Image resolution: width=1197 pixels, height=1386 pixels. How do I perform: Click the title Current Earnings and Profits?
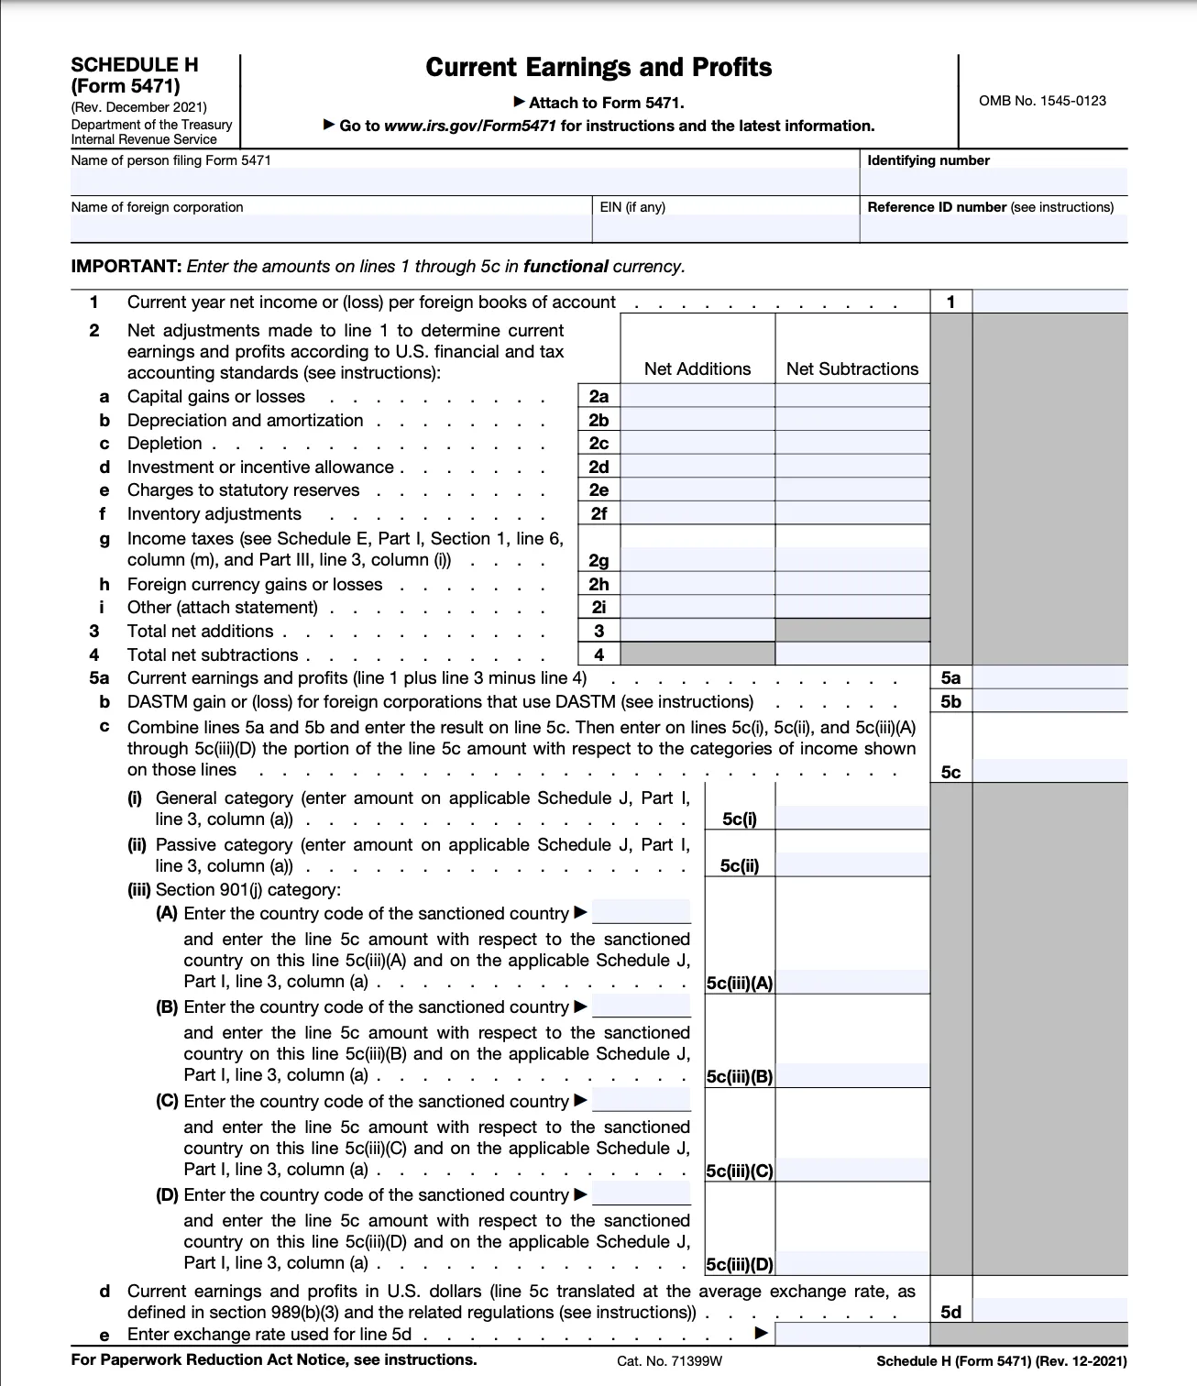click(598, 68)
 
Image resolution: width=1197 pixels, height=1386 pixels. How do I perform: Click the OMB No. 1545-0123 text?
click(1042, 101)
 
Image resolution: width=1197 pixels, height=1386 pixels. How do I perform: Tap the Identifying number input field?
click(994, 181)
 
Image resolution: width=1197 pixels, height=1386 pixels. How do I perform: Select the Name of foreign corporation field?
click(331, 227)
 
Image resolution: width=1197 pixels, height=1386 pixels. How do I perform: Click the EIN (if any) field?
click(725, 227)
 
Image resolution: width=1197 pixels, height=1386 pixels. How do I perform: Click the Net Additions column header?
click(697, 368)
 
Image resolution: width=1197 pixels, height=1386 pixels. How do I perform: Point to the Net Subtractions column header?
click(852, 368)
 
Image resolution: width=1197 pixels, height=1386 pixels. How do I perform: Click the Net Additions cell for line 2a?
click(697, 396)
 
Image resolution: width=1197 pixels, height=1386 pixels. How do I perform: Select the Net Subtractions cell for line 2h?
click(852, 584)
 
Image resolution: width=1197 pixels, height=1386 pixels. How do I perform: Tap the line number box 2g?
click(598, 560)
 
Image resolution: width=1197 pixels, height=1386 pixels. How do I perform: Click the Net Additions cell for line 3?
click(697, 631)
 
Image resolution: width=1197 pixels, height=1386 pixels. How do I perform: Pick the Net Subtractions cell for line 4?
click(852, 654)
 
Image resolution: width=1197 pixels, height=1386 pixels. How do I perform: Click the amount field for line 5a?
click(1049, 678)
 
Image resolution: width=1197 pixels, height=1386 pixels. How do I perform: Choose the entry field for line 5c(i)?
click(852, 819)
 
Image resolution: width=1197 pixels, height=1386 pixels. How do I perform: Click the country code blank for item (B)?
click(642, 1006)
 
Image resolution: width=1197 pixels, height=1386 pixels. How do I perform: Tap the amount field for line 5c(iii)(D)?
click(852, 1264)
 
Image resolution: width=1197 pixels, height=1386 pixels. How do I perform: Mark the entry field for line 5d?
click(1049, 1312)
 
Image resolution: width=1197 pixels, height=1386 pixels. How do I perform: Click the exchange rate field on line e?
click(852, 1335)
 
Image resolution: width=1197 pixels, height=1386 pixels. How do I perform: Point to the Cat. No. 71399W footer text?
click(669, 1360)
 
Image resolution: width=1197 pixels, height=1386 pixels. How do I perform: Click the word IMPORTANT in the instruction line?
click(126, 267)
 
